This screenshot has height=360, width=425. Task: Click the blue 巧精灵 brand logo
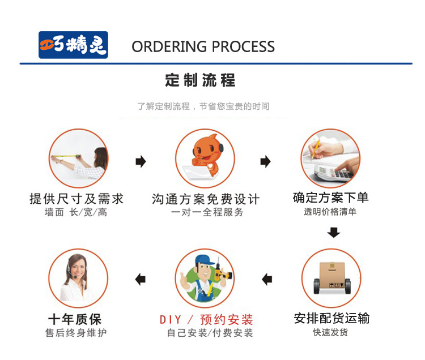(73, 45)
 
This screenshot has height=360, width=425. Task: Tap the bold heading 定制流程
(200, 80)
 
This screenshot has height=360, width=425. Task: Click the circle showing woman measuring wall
(79, 158)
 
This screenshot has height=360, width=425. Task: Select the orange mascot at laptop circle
(205, 158)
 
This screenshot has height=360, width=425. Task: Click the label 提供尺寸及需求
(76, 199)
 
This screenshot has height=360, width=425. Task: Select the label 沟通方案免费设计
(206, 199)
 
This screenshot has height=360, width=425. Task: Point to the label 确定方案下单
(331, 198)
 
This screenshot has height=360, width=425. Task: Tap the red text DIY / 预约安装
(206, 319)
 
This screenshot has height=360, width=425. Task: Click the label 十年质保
(76, 319)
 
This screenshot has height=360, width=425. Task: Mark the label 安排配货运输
(331, 318)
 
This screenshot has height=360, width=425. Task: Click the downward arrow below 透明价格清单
(334, 232)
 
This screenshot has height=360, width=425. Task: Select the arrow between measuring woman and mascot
(141, 162)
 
